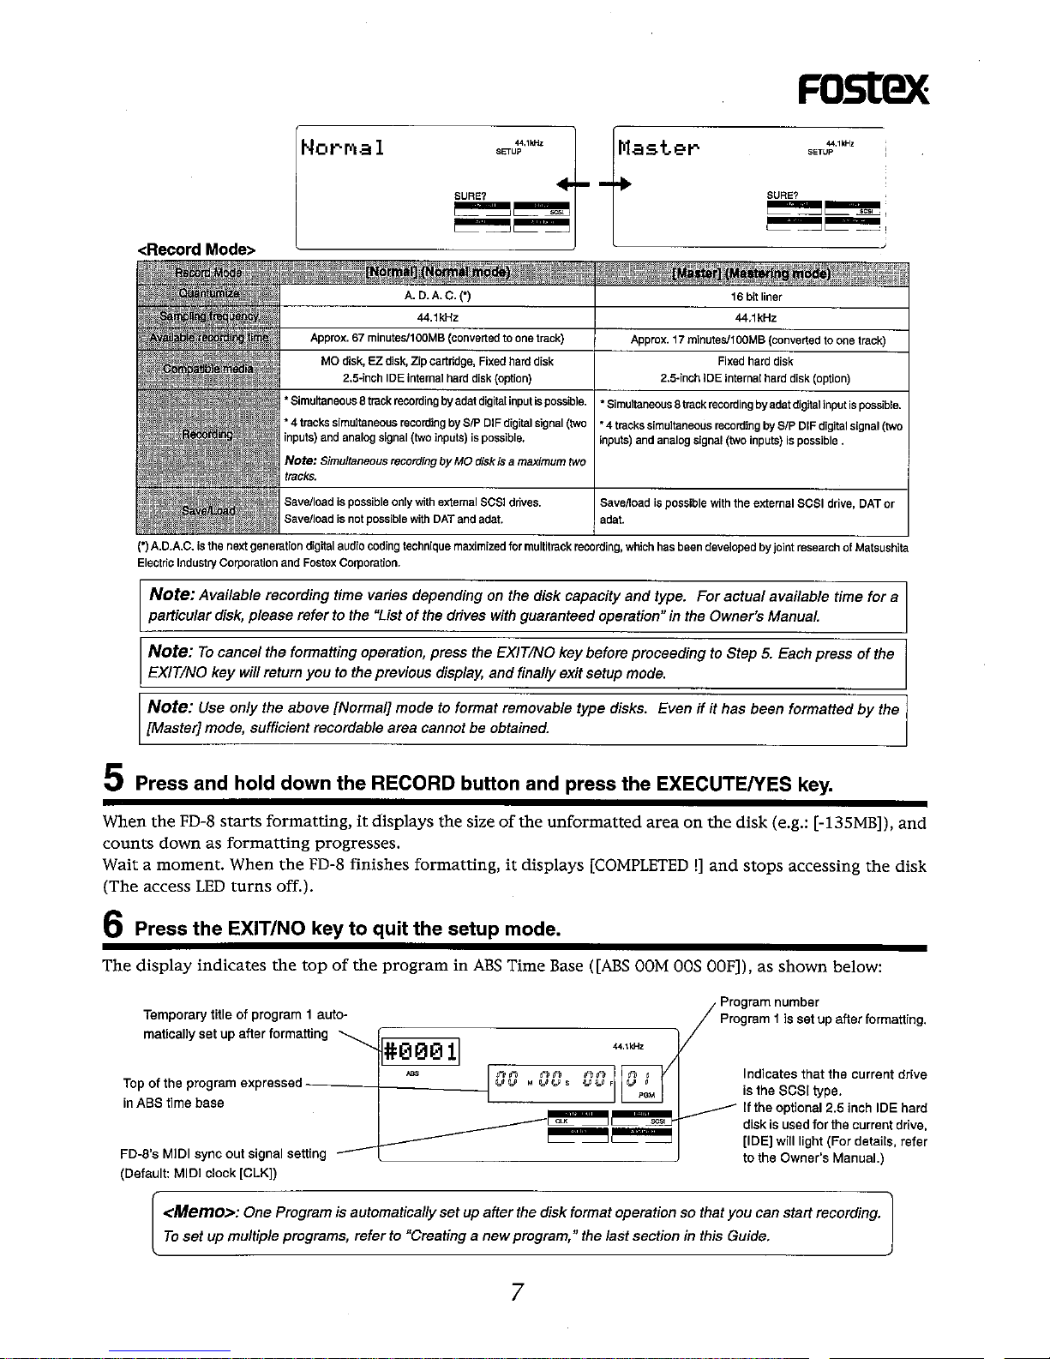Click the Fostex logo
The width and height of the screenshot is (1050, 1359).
point(862,87)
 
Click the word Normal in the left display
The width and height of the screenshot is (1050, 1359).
point(342,147)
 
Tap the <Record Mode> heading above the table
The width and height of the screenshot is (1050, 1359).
point(197,250)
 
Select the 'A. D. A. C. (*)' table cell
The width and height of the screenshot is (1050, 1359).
point(437,297)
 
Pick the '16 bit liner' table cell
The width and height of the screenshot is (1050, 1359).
point(755,297)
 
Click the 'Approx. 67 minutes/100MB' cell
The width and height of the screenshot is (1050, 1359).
point(437,338)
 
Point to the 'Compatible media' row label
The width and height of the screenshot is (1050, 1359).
point(207,369)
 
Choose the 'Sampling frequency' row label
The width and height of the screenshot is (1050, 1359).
point(207,316)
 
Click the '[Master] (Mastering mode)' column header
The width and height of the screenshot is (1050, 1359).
point(751,274)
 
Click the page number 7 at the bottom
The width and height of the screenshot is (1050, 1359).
point(516,1292)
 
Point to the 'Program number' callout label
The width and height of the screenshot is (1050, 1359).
point(769,1001)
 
